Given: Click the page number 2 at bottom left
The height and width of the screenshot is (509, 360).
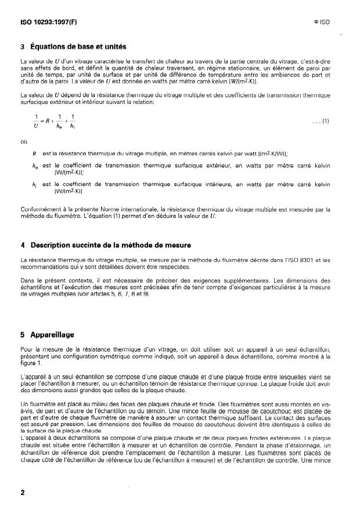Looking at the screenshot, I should coord(22,492).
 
